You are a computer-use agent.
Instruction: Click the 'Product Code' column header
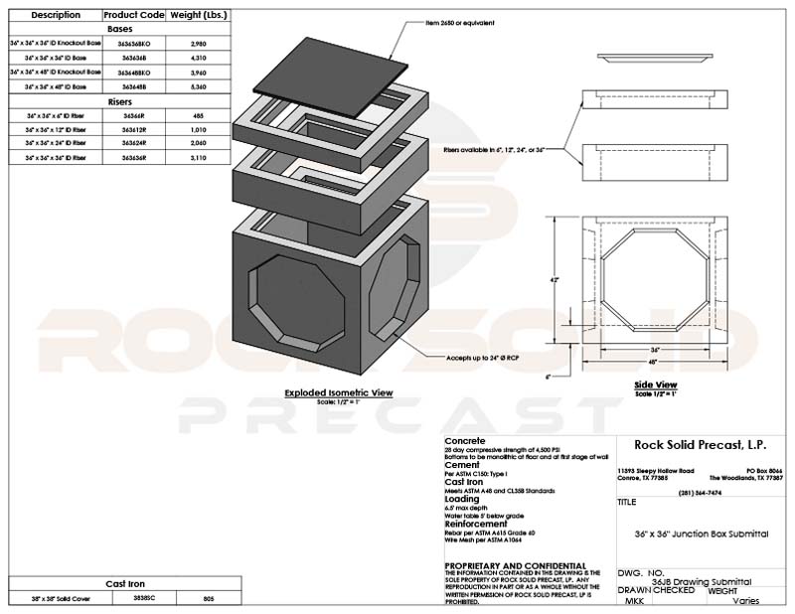(132, 16)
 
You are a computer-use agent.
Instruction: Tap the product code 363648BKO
(132, 73)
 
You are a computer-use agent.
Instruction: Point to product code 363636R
(132, 158)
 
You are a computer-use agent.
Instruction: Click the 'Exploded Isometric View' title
(338, 392)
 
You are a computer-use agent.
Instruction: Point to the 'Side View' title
(656, 384)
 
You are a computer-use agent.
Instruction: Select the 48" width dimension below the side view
(656, 363)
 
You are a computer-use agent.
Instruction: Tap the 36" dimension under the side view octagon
(656, 349)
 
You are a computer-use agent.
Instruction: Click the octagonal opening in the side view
(656, 280)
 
